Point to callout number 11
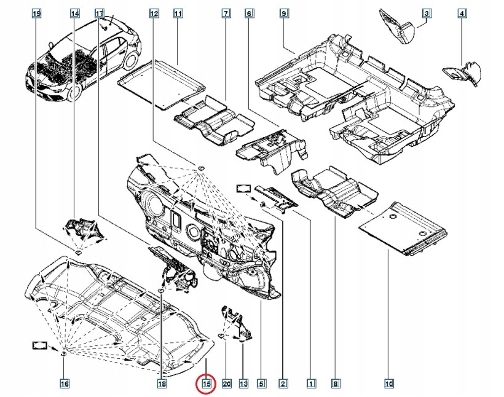tap(178, 13)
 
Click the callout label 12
tap(154, 13)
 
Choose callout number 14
tap(75, 13)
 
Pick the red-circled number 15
tap(207, 384)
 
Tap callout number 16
tap(64, 384)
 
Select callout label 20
tap(226, 384)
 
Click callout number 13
tap(243, 384)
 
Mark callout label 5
tap(261, 384)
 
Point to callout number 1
tap(311, 384)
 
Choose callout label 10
tap(388, 384)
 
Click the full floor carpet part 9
tap(356, 92)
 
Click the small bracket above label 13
tap(234, 323)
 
